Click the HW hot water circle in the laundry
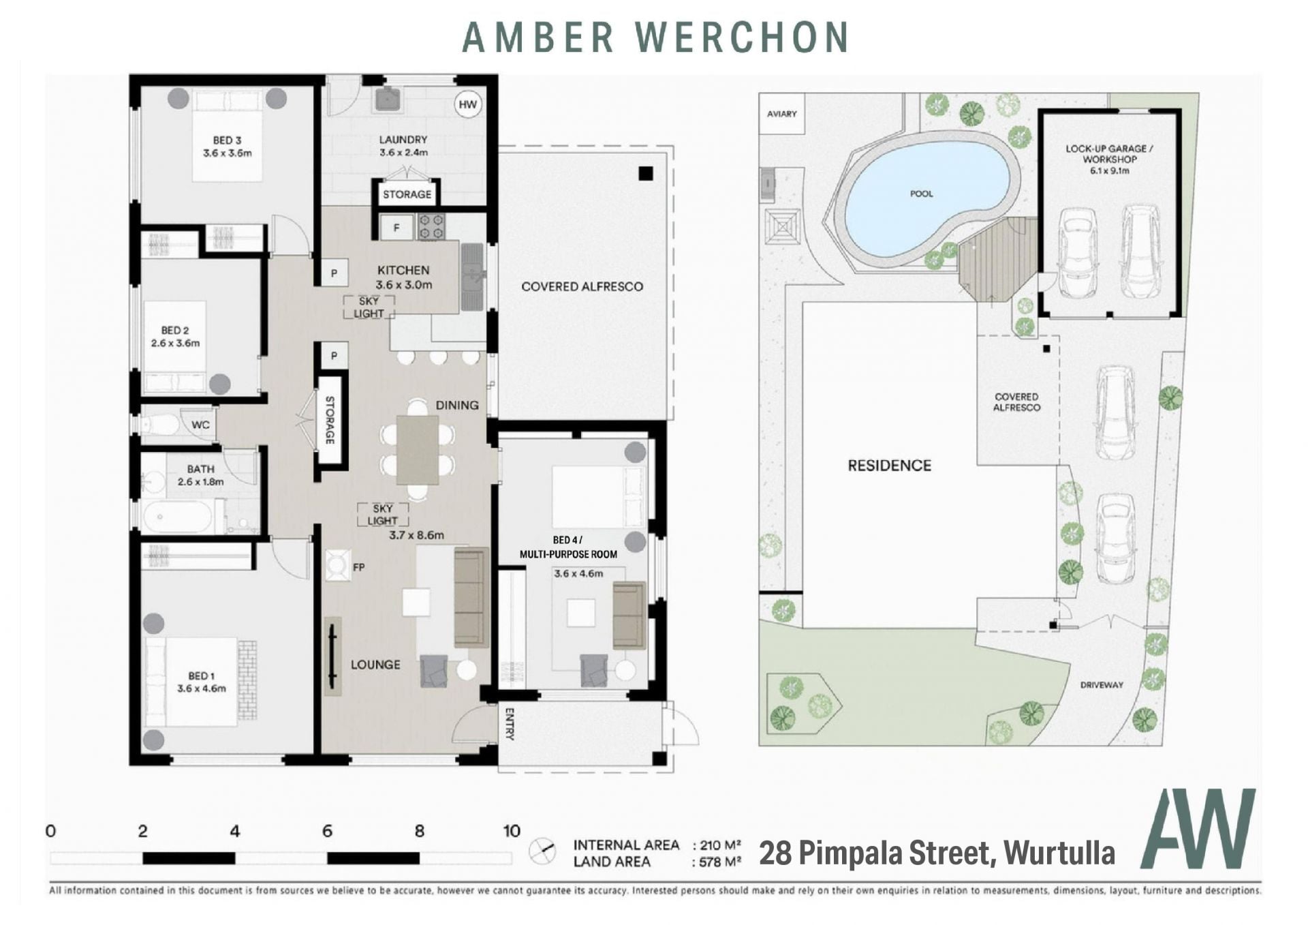pyautogui.click(x=467, y=104)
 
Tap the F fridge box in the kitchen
pyautogui.click(x=396, y=228)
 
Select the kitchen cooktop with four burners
pyautogui.click(x=431, y=227)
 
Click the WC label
pyautogui.click(x=200, y=425)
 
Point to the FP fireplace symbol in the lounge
pyautogui.click(x=337, y=565)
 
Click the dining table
pyautogui.click(x=418, y=450)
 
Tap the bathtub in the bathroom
pyautogui.click(x=177, y=517)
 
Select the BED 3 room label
pyautogui.click(x=227, y=140)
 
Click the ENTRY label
pyautogui.click(x=509, y=724)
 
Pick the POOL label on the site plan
pyautogui.click(x=921, y=194)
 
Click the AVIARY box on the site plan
pyautogui.click(x=781, y=114)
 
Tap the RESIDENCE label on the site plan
pyautogui.click(x=889, y=466)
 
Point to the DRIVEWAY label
pyautogui.click(x=1102, y=685)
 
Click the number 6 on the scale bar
pyautogui.click(x=327, y=831)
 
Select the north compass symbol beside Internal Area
pyautogui.click(x=542, y=851)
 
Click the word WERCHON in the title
pyautogui.click(x=742, y=37)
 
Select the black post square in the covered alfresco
pyautogui.click(x=646, y=173)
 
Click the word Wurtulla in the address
pyautogui.click(x=1059, y=853)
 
